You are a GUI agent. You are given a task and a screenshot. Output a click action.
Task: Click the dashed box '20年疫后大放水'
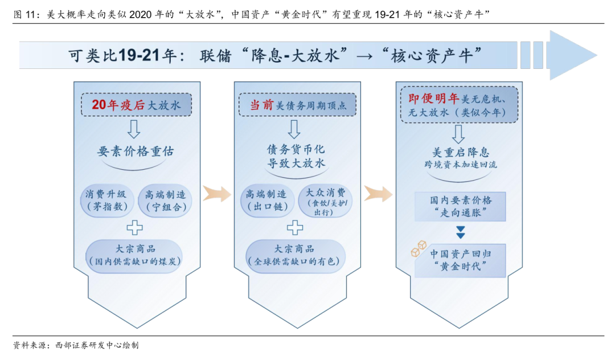pos(136,105)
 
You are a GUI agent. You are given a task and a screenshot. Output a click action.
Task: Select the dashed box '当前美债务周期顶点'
pos(295,105)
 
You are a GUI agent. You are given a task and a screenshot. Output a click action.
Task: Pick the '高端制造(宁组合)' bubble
pos(165,201)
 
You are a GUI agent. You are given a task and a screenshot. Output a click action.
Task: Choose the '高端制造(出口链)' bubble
pos(266,201)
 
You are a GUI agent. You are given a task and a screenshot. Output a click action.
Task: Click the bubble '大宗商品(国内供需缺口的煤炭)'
pos(134,255)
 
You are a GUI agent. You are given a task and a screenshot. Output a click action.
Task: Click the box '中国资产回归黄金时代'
pos(460,260)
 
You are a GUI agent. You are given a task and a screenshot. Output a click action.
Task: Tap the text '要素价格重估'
pos(136,152)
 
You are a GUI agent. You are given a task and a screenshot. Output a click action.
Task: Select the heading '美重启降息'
pos(460,152)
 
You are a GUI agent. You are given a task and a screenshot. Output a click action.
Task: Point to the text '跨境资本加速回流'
pos(460,165)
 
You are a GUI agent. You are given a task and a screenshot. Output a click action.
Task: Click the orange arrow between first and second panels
pos(216,193)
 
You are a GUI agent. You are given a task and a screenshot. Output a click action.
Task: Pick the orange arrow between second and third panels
pos(378,193)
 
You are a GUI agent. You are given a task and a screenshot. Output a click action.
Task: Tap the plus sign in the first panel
pos(134,227)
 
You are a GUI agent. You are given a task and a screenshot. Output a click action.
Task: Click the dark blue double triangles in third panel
pos(460,232)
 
